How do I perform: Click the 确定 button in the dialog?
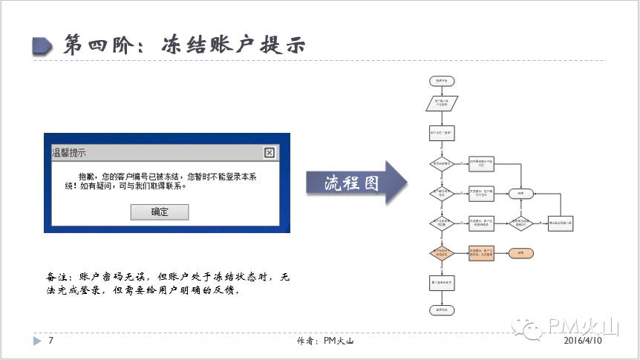tap(159, 212)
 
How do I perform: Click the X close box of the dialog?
tap(270, 153)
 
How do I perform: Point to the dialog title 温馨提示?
tap(68, 153)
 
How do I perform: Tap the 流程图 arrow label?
tap(352, 183)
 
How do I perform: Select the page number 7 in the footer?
tap(50, 341)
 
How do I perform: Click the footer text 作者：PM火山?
tap(324, 341)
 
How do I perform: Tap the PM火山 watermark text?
tap(582, 327)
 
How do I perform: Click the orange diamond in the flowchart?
tap(441, 252)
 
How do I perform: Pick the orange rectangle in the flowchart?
tap(481, 252)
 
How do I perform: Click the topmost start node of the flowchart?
tap(441, 79)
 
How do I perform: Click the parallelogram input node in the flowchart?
tap(441, 103)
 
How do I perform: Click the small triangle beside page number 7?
tap(37, 341)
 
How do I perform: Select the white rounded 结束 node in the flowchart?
tap(520, 194)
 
